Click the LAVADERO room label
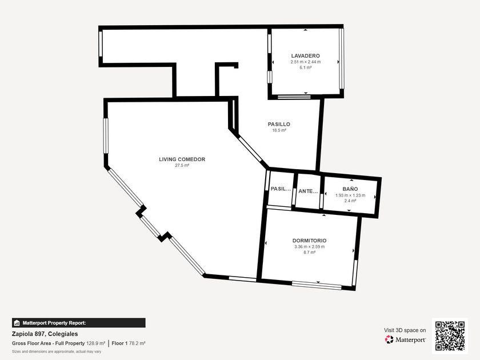click(305, 56)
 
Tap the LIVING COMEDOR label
click(182, 159)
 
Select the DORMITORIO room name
click(309, 241)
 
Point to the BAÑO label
click(350, 189)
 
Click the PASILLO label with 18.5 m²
click(279, 124)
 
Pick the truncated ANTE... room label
click(308, 191)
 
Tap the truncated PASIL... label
click(281, 189)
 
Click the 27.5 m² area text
click(182, 165)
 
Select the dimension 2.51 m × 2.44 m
click(306, 62)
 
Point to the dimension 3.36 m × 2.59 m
click(310, 247)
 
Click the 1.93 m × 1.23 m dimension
click(350, 195)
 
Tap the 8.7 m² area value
click(309, 253)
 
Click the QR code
click(450, 336)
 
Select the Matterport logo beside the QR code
click(405, 339)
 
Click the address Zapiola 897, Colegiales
click(45, 334)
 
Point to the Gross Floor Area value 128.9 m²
click(96, 343)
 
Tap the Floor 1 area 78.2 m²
click(137, 343)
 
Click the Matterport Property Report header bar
click(79, 323)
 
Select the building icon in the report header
click(17, 323)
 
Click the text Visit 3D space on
click(405, 330)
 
